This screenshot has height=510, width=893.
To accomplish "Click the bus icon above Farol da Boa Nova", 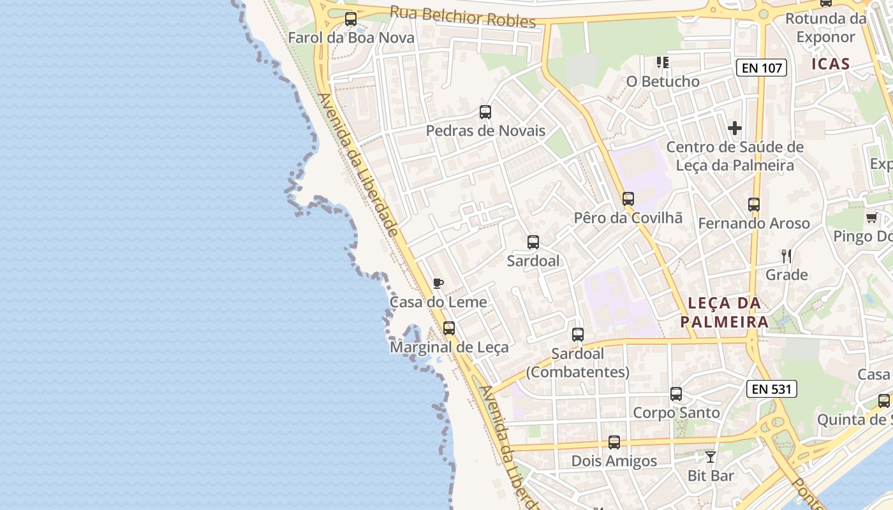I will (351, 19).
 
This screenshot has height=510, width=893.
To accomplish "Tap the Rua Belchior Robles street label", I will (462, 17).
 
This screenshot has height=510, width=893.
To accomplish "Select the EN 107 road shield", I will (762, 68).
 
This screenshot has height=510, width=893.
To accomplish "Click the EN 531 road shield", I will (772, 389).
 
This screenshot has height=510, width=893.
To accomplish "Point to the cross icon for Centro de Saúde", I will (735, 128).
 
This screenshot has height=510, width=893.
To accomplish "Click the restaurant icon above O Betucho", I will (663, 62).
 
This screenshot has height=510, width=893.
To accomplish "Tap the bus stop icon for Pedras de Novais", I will (485, 112).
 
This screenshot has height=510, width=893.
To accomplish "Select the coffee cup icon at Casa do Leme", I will (438, 283).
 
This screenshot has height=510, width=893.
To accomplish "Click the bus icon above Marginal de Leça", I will (449, 328).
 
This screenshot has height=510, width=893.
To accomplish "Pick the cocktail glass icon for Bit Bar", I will (711, 456).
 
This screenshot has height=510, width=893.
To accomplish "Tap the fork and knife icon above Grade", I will (786, 256).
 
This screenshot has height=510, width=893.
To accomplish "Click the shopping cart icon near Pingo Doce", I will (871, 218).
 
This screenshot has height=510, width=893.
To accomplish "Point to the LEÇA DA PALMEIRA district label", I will (724, 312).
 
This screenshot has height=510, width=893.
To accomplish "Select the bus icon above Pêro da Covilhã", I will (628, 199).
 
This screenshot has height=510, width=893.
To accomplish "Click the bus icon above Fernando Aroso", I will (754, 205).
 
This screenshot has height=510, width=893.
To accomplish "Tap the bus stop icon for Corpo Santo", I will (676, 394).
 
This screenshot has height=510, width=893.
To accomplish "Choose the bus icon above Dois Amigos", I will (614, 442).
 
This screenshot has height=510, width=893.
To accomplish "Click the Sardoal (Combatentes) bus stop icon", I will (578, 335).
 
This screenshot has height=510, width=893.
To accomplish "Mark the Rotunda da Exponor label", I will (825, 27).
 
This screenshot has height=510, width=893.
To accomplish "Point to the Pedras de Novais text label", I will (485, 131).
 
